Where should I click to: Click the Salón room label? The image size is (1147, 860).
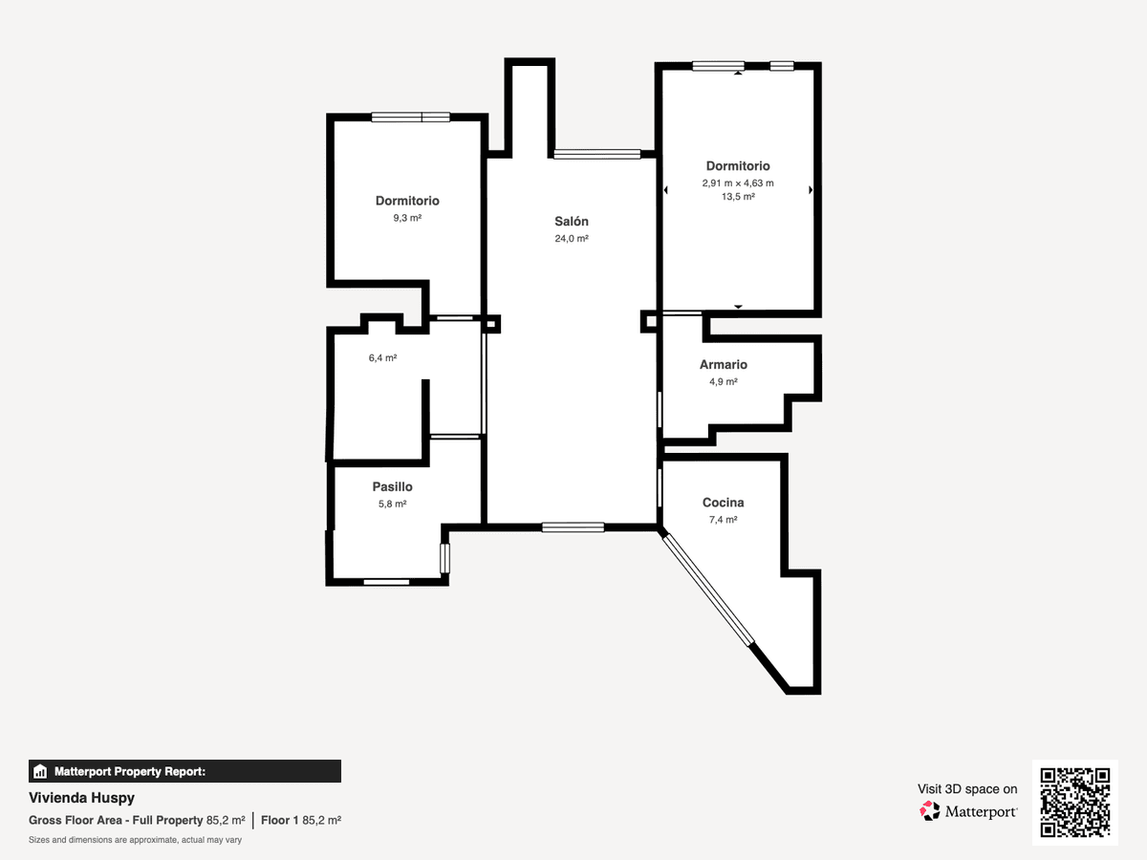coord(572,222)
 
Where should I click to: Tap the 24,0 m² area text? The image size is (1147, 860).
coord(572,239)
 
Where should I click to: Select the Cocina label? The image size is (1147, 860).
coord(723,503)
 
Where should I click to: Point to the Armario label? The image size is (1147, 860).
coord(724,364)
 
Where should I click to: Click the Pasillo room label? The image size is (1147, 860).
coord(392,486)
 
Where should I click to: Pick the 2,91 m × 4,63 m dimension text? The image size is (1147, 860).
coord(738,183)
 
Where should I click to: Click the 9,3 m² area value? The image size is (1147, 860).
coord(407,218)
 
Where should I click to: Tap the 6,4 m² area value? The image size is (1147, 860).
coord(382,357)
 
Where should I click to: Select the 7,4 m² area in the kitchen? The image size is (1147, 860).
coord(723,520)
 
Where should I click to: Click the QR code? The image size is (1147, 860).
coord(1075,802)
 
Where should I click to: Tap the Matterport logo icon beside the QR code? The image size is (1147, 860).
coord(929,811)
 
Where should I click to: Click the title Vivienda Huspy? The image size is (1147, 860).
coord(81,798)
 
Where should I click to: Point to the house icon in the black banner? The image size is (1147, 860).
coord(40,771)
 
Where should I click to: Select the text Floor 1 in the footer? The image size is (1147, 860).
coord(279,820)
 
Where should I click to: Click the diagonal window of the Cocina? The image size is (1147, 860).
coord(708,590)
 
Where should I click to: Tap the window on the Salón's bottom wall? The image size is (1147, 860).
coord(573,527)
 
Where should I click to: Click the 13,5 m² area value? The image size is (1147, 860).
coord(738,197)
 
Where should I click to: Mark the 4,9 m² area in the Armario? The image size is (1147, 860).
coord(724,381)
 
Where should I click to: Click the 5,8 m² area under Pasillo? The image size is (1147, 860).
coord(392,504)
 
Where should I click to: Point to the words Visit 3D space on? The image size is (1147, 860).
coord(967,789)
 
